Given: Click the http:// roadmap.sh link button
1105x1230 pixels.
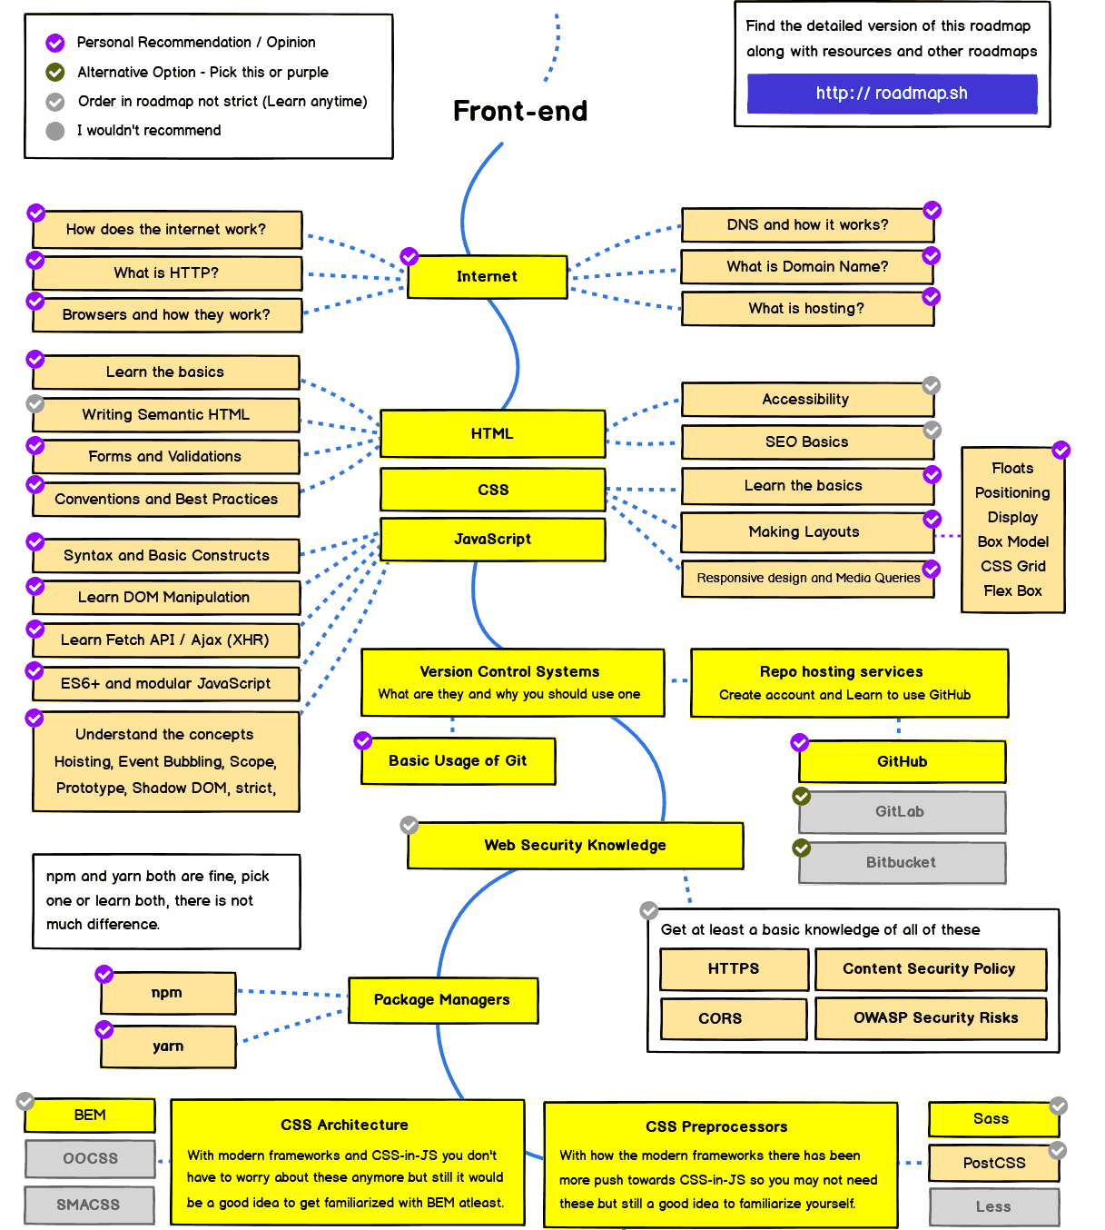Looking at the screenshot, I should (x=892, y=94).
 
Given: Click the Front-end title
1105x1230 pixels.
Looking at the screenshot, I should (x=520, y=111).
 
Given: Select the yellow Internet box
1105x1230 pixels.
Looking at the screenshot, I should (x=488, y=277).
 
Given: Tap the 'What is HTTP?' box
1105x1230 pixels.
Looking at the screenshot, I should (x=167, y=273).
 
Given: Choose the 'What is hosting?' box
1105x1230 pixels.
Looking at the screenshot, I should (x=807, y=309).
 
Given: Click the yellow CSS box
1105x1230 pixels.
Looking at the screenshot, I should (x=493, y=490).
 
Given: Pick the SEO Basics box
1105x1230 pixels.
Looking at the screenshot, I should (x=807, y=442).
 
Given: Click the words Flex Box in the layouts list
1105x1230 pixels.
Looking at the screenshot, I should (x=1012, y=590).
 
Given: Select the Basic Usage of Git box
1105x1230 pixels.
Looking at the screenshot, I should (x=459, y=761).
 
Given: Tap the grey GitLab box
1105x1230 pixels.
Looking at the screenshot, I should (x=902, y=812).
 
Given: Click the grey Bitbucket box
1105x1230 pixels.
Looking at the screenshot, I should (x=902, y=862).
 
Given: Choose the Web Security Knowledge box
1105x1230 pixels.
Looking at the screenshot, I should (x=576, y=846).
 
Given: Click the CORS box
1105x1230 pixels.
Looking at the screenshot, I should (x=734, y=1018).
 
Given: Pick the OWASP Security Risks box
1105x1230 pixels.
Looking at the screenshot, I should (x=931, y=1018).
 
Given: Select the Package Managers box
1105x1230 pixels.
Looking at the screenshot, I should (x=443, y=1000).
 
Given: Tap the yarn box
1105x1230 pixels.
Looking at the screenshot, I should (x=168, y=1046).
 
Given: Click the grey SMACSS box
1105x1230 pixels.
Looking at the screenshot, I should (x=89, y=1205).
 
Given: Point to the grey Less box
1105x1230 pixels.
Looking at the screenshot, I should (x=993, y=1206).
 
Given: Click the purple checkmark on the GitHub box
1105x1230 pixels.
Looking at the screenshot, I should (x=800, y=743).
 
